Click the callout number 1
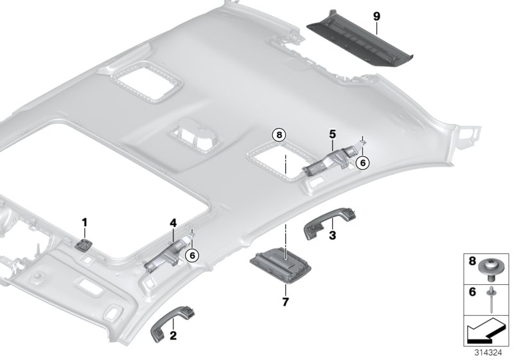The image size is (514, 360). [84, 222]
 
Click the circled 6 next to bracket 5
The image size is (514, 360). [362, 163]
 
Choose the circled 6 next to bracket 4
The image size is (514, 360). [191, 255]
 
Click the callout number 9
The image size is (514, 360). [377, 14]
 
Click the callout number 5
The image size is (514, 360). [333, 134]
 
